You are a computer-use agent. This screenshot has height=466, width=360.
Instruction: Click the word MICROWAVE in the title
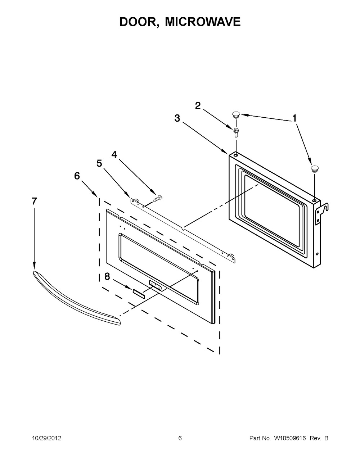[203, 22]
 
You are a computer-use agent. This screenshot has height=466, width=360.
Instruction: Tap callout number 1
[294, 118]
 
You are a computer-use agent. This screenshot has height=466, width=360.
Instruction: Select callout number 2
[198, 106]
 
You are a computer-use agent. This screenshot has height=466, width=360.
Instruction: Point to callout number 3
[177, 118]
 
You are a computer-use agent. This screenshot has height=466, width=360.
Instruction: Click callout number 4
[114, 154]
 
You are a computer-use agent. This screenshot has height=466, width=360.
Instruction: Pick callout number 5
[99, 163]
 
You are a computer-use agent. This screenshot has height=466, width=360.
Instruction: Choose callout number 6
[77, 176]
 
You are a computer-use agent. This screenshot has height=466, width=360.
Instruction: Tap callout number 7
[34, 202]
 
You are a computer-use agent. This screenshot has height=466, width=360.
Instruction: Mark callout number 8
[107, 276]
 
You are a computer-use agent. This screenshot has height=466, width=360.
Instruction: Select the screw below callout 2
[236, 133]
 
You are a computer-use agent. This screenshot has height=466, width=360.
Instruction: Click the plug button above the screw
[236, 115]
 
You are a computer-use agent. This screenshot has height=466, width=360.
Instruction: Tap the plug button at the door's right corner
[315, 168]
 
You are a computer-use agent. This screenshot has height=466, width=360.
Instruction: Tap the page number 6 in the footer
[180, 438]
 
